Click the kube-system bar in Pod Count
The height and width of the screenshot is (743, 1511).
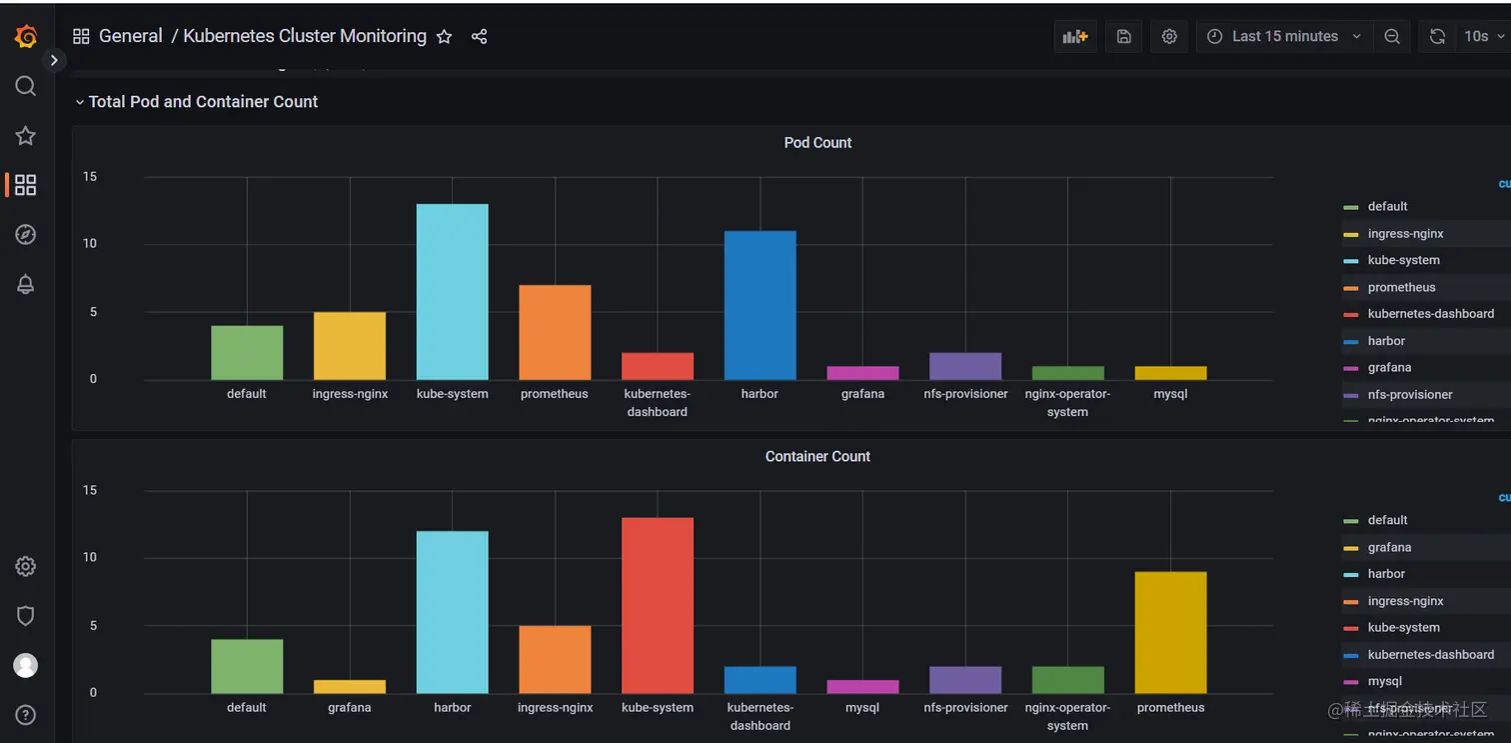[x=452, y=292]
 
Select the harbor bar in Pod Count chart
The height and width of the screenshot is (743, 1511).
[x=759, y=305]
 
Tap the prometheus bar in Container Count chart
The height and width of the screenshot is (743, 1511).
[x=1170, y=632]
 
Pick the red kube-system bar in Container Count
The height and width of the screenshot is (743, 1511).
[x=657, y=605]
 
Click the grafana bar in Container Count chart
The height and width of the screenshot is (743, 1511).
[x=349, y=687]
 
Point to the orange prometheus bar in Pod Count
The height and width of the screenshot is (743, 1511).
[x=555, y=332]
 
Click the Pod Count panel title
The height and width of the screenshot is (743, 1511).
[x=817, y=143]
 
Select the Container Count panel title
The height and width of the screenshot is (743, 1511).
[x=817, y=457]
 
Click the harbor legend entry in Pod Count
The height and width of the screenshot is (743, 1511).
[x=1386, y=341]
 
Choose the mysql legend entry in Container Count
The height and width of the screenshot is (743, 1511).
[x=1384, y=682]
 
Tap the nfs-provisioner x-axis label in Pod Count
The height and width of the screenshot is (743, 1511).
[x=965, y=394]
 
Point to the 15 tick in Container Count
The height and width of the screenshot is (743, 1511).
[x=90, y=490]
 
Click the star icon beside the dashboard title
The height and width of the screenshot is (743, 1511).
[x=445, y=37]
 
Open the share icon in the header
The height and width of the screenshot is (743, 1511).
[x=479, y=37]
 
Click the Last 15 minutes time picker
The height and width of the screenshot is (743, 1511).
[x=1284, y=37]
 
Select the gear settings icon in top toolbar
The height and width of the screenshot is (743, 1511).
[x=1169, y=37]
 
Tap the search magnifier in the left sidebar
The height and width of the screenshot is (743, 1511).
[x=26, y=86]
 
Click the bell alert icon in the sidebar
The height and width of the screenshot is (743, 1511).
[x=26, y=284]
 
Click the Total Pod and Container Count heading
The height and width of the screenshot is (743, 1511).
[x=203, y=102]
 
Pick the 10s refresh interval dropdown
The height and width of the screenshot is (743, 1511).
[x=1482, y=37]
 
